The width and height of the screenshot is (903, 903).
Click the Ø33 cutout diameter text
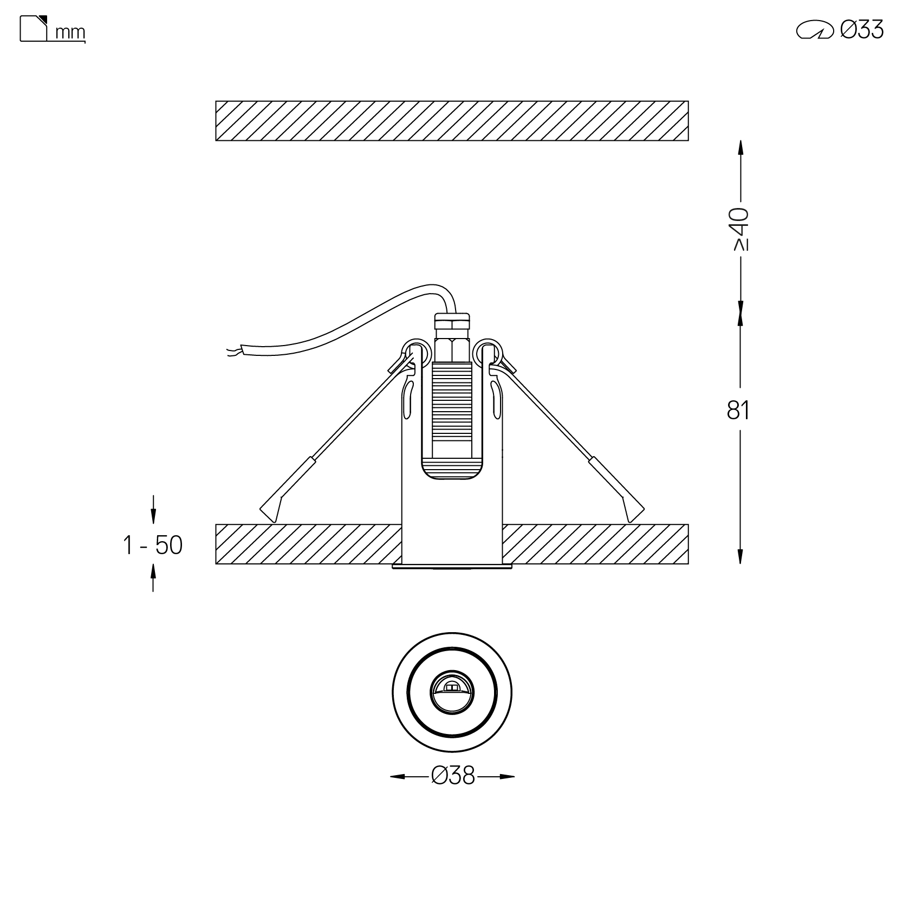862,29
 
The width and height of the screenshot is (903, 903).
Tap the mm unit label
70,33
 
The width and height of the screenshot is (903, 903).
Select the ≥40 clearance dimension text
740,229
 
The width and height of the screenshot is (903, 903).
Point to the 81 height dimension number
738,411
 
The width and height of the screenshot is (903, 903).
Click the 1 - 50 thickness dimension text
153,545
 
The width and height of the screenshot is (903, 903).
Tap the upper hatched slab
452,121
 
